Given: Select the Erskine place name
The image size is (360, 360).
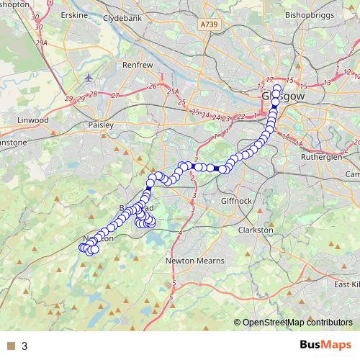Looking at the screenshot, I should click(75, 14).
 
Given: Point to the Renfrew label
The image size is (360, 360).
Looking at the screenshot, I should click(138, 64).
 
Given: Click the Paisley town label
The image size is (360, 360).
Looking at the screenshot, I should click(101, 125).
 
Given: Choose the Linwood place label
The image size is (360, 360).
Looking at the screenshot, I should click(34, 120).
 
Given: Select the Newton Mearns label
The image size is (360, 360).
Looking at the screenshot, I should click(195, 261).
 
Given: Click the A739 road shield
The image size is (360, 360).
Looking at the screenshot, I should click(209, 24).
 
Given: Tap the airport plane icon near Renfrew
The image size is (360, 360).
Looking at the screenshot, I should click(88, 78).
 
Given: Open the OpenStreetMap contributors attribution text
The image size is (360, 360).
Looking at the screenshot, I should click(297, 323).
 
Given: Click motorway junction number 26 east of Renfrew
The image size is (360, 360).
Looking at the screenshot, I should click(152, 86).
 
